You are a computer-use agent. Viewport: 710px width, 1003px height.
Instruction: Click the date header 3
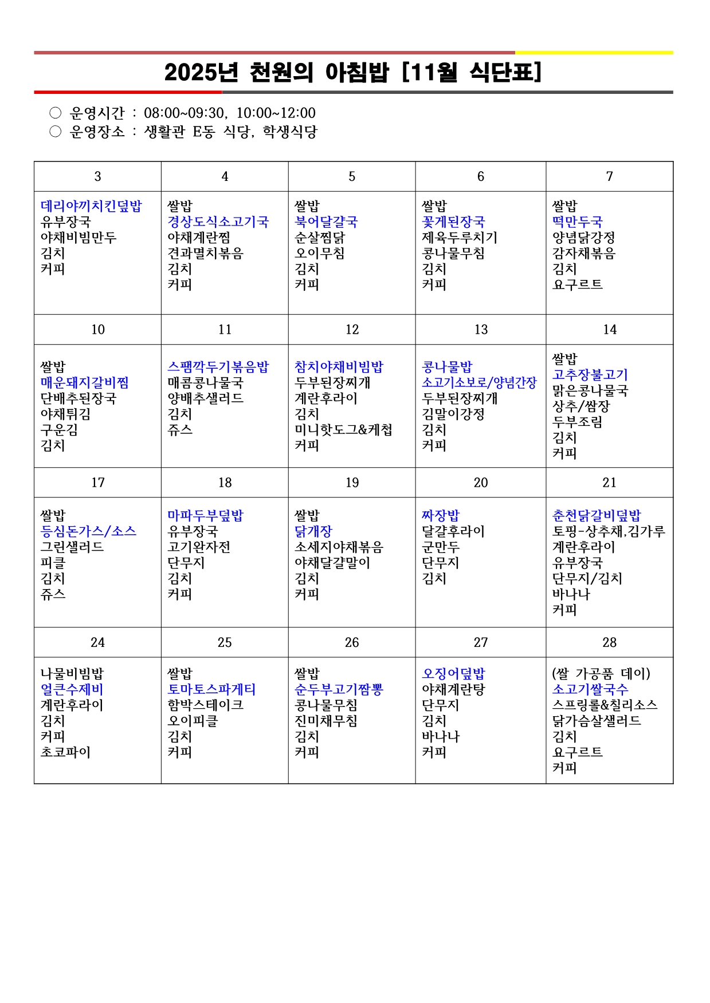[98, 176]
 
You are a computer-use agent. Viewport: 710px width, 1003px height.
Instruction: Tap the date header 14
[610, 330]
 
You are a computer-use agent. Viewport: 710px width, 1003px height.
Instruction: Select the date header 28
[610, 642]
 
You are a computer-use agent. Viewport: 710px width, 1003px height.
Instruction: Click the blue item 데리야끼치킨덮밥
[91, 206]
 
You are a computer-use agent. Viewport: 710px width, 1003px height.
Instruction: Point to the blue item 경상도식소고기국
[218, 222]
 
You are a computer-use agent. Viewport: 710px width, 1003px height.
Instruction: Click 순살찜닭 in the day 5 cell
[320, 238]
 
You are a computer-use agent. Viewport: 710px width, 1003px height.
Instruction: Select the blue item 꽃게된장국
[453, 222]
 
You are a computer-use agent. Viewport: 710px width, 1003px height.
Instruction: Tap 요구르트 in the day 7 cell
[577, 285]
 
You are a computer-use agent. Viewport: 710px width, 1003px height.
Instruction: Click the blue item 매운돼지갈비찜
[85, 382]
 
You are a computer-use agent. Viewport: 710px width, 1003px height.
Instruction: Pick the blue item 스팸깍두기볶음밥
[218, 367]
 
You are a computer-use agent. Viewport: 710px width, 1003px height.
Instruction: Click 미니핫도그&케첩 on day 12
[343, 430]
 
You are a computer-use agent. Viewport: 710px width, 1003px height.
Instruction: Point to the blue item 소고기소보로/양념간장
[479, 382]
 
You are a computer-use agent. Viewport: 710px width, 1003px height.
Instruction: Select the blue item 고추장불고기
[590, 375]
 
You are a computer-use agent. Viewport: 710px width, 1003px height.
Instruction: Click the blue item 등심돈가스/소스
[88, 531]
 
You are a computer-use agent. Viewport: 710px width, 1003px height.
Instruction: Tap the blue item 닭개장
[313, 531]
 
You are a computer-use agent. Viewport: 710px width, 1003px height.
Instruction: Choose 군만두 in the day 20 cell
[441, 547]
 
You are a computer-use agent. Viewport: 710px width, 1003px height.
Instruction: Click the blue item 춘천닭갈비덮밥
[597, 515]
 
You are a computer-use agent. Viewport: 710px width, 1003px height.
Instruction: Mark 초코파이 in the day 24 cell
[65, 752]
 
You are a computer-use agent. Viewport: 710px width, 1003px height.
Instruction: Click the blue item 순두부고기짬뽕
[339, 689]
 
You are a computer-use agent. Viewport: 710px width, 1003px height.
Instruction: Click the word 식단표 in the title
[504, 73]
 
